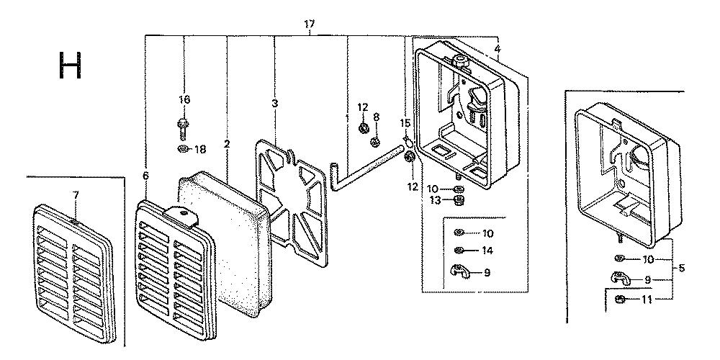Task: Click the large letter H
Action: pyautogui.click(x=71, y=65)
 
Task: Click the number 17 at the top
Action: pyautogui.click(x=309, y=24)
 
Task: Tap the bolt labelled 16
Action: pyautogui.click(x=183, y=130)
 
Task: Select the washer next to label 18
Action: pyautogui.click(x=183, y=148)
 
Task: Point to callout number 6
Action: pyautogui.click(x=145, y=176)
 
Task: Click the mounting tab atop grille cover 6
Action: pyautogui.click(x=182, y=215)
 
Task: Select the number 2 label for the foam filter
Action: pyautogui.click(x=227, y=144)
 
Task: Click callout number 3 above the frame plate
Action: pyautogui.click(x=274, y=103)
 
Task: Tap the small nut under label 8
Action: pyautogui.click(x=375, y=141)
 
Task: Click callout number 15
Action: pyautogui.click(x=405, y=123)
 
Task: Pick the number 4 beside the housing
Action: pyautogui.click(x=498, y=49)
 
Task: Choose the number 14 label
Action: pyautogui.click(x=487, y=251)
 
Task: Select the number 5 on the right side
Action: pyautogui.click(x=681, y=268)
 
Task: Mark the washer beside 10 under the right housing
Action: pyautogui.click(x=619, y=258)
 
